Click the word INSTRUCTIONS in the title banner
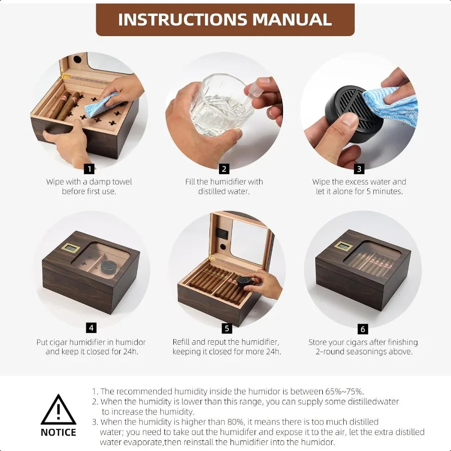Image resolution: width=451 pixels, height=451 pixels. coord(182,19)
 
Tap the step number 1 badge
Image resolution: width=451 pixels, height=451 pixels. coord(89,169)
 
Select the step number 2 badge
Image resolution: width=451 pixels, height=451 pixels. coord(224,169)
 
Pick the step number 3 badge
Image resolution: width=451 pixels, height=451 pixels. coord(359,169)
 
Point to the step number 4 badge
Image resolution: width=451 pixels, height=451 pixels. coord(91,328)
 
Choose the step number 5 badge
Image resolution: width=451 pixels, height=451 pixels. coord(227,329)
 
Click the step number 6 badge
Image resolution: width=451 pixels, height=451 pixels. coord(363,329)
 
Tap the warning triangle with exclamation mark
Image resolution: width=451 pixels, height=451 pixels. coord(59,410)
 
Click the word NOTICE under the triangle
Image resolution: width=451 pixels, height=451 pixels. coord(59,432)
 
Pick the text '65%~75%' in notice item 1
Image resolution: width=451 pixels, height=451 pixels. coord(346,391)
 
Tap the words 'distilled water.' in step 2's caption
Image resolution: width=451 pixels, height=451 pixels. coord(223,191)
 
